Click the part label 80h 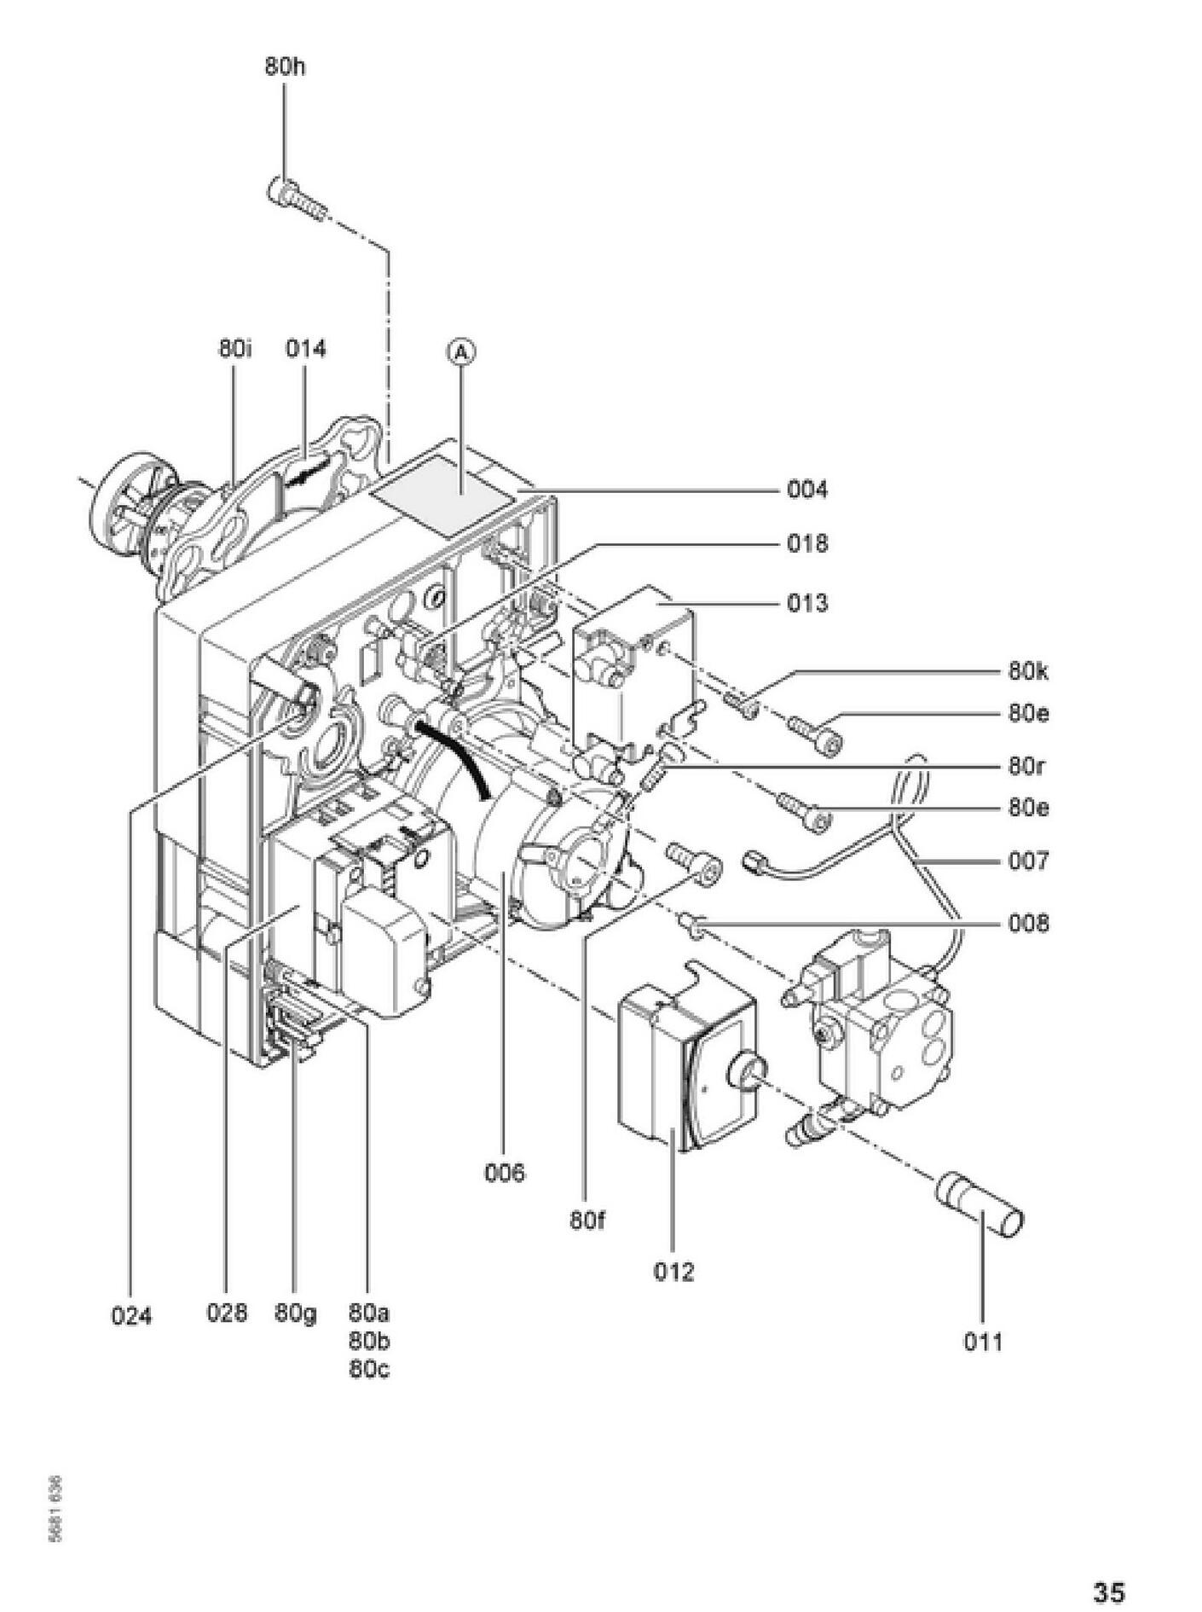(x=285, y=67)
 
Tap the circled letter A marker (x=461, y=351)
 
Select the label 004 (x=806, y=490)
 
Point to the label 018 (x=806, y=544)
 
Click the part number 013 (x=806, y=604)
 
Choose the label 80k (x=1028, y=672)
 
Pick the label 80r (x=1026, y=766)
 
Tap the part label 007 (x=1028, y=861)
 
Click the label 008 (x=1028, y=924)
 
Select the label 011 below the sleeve (x=983, y=1342)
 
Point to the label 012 (x=673, y=1272)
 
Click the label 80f (x=587, y=1221)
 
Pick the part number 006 (x=505, y=1173)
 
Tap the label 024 (x=131, y=1316)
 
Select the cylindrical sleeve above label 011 (x=980, y=1204)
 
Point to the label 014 (x=305, y=349)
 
